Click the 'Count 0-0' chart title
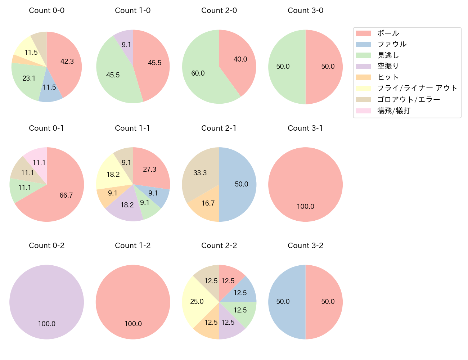[46, 10]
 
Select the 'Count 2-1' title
[219, 128]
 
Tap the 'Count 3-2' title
[305, 246]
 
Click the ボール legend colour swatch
[363, 33]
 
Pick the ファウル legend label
[392, 44]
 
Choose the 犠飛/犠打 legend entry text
[393, 111]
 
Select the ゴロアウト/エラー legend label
[409, 99]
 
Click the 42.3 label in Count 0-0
[67, 62]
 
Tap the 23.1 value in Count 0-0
[29, 78]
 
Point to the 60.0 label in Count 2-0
[198, 73]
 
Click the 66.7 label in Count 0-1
[66, 195]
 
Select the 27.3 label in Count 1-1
[149, 169]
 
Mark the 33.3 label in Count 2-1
[200, 173]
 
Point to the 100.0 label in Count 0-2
[47, 324]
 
